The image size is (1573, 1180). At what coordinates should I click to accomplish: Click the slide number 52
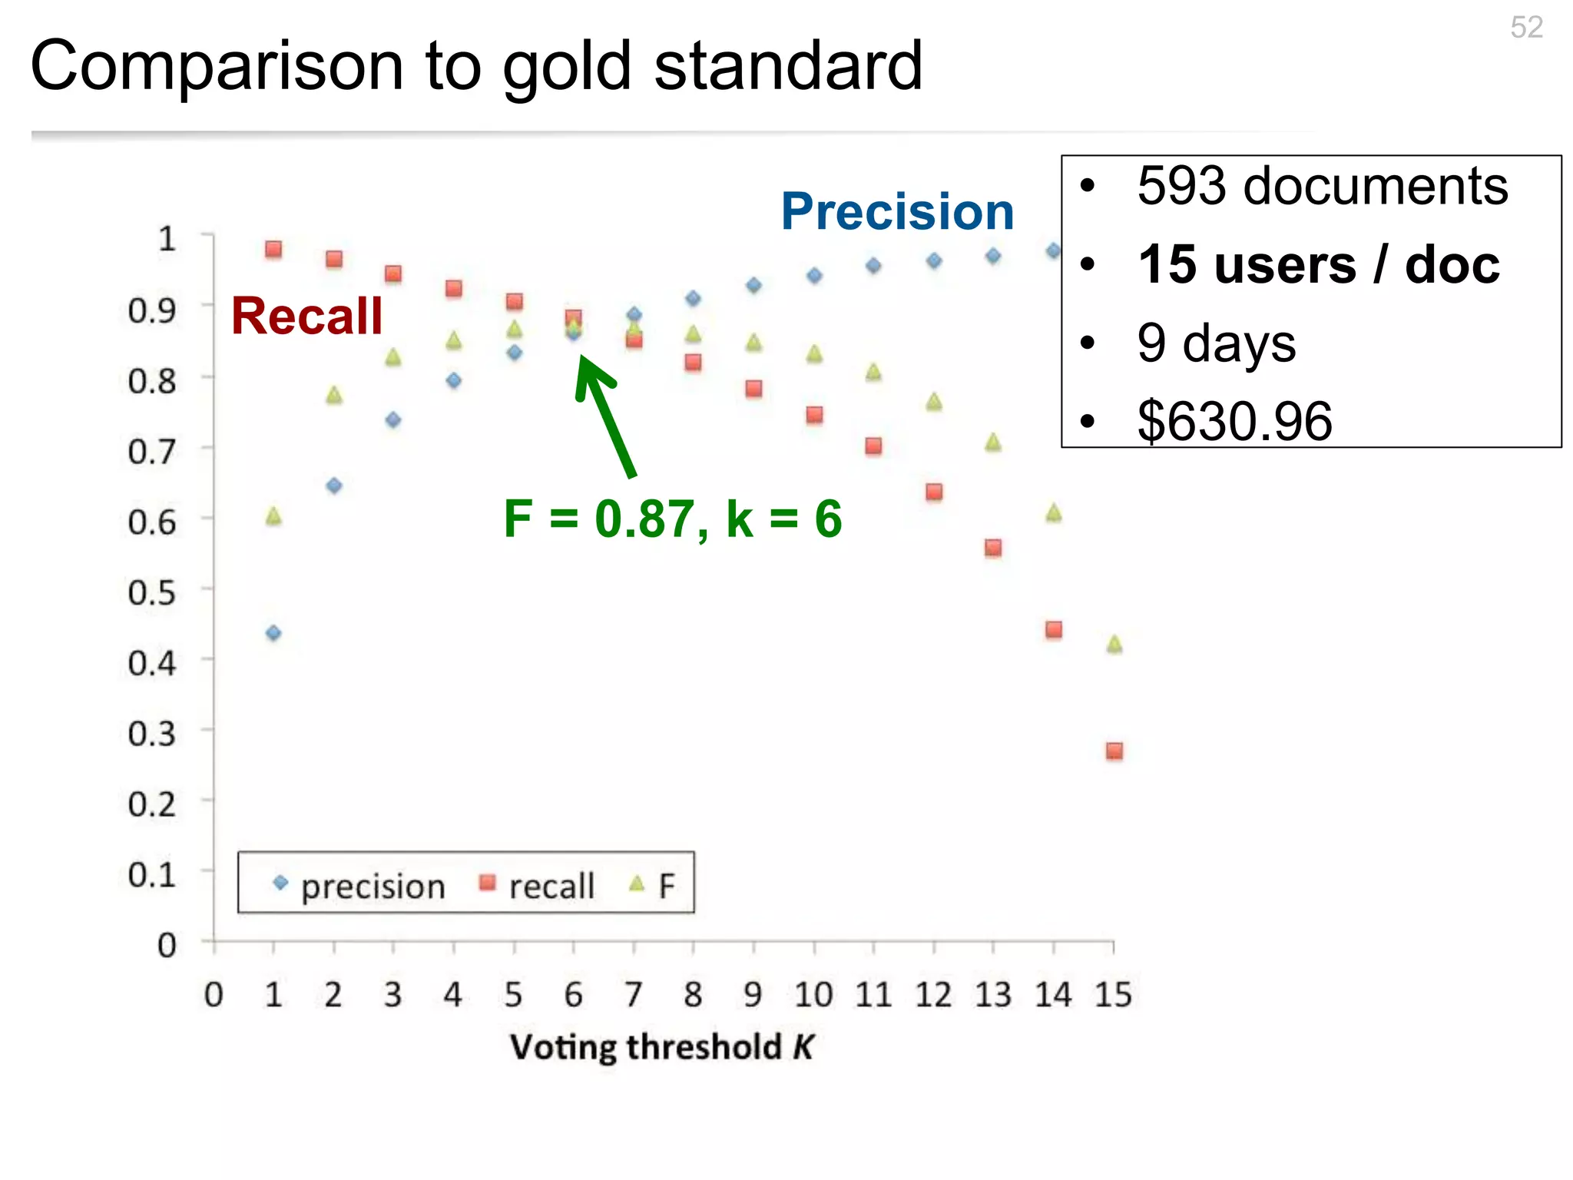[1525, 28]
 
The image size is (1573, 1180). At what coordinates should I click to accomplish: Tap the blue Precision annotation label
[897, 211]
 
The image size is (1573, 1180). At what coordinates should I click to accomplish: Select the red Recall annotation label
[306, 316]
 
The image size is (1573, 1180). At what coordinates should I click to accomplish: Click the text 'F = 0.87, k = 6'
[672, 519]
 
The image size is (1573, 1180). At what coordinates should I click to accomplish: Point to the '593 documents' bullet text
[1322, 187]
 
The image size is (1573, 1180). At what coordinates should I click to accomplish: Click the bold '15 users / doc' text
[1318, 265]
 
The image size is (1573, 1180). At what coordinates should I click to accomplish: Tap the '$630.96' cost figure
[1234, 421]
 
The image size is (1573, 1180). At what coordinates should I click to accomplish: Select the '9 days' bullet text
[1216, 343]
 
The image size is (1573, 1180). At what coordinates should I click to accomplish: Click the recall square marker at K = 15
[1114, 751]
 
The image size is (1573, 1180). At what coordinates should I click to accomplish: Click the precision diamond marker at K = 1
[273, 633]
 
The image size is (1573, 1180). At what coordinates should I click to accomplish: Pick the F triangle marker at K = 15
[1114, 644]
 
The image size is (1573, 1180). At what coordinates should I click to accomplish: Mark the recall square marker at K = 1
[273, 249]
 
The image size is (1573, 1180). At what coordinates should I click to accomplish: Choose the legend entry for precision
[359, 886]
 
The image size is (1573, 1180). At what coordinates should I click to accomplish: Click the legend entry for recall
[537, 886]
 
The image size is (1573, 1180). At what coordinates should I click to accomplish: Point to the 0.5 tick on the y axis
[152, 593]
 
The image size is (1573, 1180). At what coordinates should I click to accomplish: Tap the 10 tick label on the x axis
[813, 996]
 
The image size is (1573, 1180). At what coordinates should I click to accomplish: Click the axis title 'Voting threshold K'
[661, 1047]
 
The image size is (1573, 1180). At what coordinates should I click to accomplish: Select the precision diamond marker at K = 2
[333, 486]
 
